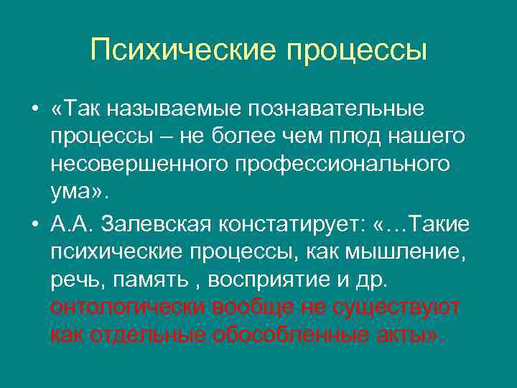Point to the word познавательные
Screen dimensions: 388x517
337,108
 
